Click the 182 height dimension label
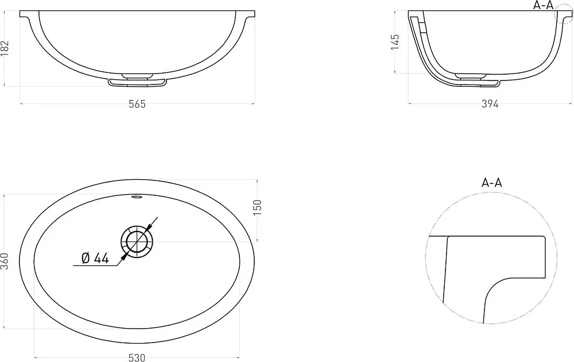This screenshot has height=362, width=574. [x=5, y=48]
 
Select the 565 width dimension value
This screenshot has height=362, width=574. [x=137, y=105]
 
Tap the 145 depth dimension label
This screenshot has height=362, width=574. [x=395, y=42]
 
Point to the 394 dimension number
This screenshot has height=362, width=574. [x=490, y=105]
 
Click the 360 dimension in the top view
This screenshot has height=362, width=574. [x=5, y=261]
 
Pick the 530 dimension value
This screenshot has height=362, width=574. [x=137, y=357]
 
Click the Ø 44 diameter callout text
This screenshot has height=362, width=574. [x=95, y=259]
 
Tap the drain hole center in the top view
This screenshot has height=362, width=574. [x=137, y=242]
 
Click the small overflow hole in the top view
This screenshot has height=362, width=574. [x=137, y=197]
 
